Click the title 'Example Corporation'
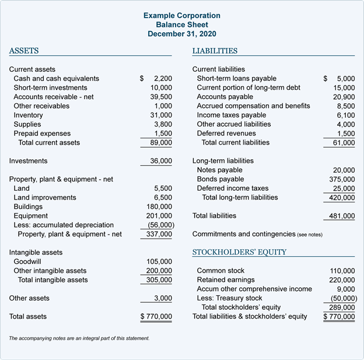182,15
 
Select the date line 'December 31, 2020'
182,34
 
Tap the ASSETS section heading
24,51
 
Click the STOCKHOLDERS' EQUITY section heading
239,252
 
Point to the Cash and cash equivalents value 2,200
163,79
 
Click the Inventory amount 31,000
161,116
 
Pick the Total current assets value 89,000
161,142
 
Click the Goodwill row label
27,262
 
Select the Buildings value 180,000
159,207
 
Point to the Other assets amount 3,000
163,298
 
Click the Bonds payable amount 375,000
342,179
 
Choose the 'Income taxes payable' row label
231,116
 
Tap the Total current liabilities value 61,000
344,142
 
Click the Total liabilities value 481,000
342,216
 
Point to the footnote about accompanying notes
79,338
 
